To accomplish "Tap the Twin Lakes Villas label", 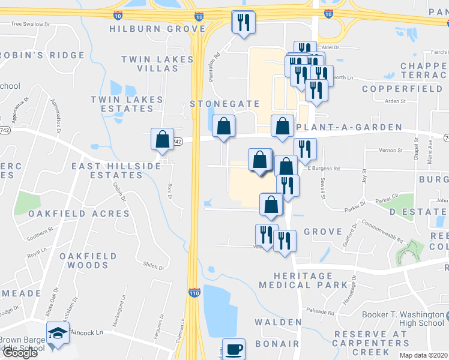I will point(158,64).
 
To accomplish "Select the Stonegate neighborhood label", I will point(224,104).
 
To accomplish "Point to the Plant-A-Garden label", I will point(349,127).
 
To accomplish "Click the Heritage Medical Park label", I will point(304,280).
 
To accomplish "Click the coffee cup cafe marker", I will point(234,349).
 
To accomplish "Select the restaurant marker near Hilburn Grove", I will point(243,22).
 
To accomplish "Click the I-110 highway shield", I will point(194,293).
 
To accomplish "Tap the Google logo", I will point(19,353).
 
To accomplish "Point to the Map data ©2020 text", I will point(423,355).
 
